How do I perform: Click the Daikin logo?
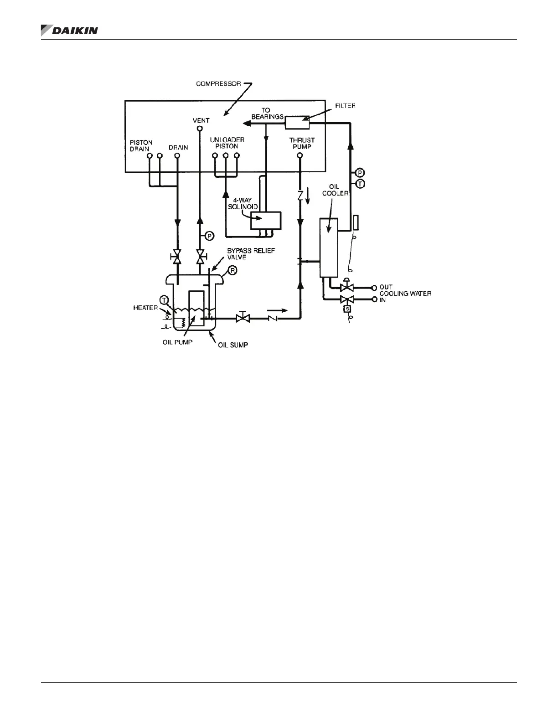pos(69,31)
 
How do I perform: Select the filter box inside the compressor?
pos(297,122)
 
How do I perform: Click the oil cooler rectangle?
pos(328,248)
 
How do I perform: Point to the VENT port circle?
pos(199,129)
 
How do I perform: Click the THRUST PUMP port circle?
pos(300,155)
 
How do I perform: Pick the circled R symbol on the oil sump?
pos(232,270)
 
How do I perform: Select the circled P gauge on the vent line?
pos(209,236)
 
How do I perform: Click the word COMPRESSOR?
pos(218,84)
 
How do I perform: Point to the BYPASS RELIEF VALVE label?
pos(251,254)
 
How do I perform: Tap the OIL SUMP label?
pos(232,345)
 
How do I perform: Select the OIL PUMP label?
pos(178,342)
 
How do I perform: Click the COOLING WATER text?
pos(405,294)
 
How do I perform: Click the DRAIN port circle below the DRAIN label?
pos(177,155)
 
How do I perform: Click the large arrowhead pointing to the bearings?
pos(247,122)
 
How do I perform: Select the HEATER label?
pos(145,308)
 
